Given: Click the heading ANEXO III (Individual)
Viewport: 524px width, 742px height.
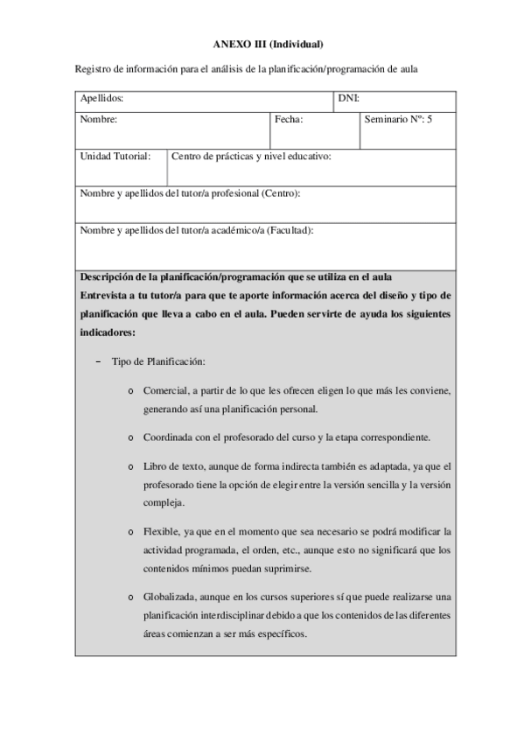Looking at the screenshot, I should click(269, 44).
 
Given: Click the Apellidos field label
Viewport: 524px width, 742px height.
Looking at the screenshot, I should click(101, 98).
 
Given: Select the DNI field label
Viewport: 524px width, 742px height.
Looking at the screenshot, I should click(349, 98).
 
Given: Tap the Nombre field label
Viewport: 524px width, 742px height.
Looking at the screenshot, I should click(98, 118).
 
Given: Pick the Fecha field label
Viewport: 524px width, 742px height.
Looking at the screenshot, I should click(289, 118).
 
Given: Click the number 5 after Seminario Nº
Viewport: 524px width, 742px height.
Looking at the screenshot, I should click(429, 118).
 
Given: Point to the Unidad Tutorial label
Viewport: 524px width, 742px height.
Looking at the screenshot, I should click(115, 156).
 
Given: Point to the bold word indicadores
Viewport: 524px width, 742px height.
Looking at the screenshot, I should click(107, 333).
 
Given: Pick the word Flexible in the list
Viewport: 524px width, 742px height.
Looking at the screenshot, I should click(160, 532).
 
